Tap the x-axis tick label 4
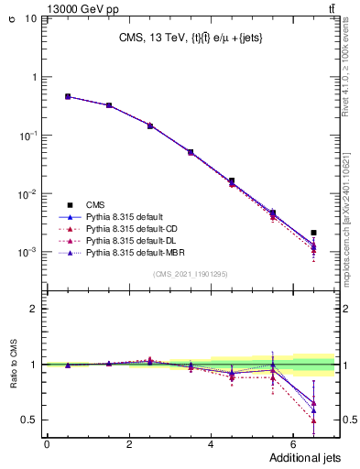pyautogui.click(x=211, y=444)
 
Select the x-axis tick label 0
pyautogui.click(x=47, y=444)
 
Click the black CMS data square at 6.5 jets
pyautogui.click(x=313, y=233)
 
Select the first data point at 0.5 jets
pyautogui.click(x=68, y=96)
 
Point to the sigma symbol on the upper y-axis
pyautogui.click(x=12, y=16)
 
